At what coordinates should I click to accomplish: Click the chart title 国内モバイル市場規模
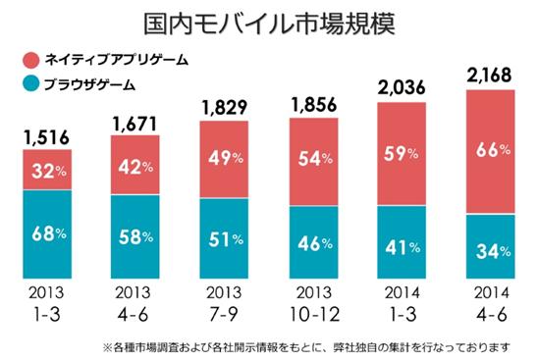click(x=269, y=24)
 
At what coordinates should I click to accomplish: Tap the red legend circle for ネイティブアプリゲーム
click(x=31, y=61)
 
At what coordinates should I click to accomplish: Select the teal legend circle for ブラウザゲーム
click(x=31, y=84)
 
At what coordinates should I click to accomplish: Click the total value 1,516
click(x=47, y=138)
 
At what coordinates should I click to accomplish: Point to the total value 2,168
click(x=489, y=76)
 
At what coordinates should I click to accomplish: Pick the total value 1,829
click(x=225, y=108)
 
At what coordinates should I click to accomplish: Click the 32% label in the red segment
click(x=49, y=171)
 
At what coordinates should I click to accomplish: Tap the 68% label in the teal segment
click(x=49, y=234)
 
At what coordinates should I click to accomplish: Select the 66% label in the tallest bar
click(x=493, y=150)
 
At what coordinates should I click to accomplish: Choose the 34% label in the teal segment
click(x=493, y=252)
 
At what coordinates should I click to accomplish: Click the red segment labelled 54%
click(x=313, y=162)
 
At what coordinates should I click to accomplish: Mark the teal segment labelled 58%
click(x=134, y=236)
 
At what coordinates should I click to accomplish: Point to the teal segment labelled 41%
click(x=402, y=242)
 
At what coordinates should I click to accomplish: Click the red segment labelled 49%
click(x=224, y=160)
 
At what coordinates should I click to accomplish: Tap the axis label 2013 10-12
click(x=314, y=304)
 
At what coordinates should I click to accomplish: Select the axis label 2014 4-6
click(x=492, y=304)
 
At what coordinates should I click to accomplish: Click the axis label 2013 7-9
click(x=224, y=304)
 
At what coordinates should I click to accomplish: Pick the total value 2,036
click(x=402, y=87)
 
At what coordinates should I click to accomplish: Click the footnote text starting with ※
click(x=306, y=348)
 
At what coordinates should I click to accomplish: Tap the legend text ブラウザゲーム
click(x=90, y=84)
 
